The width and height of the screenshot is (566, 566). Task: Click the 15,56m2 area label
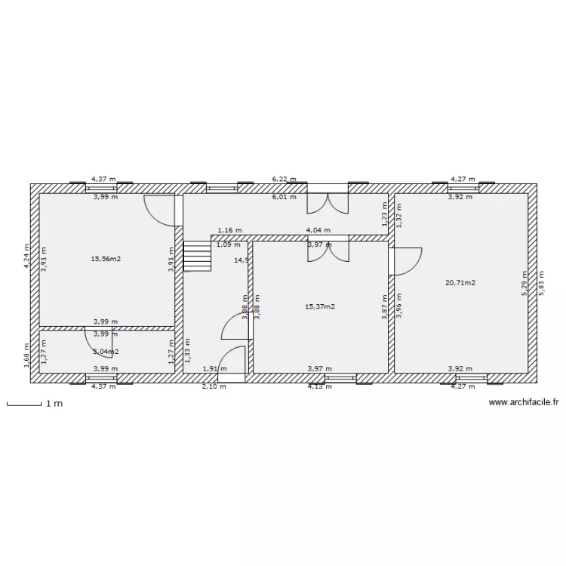pyautogui.click(x=106, y=259)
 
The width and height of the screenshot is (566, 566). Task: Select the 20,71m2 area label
pyautogui.click(x=460, y=283)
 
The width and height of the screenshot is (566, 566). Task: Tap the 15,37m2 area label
pyautogui.click(x=320, y=307)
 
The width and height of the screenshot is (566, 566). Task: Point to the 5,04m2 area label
pyautogui.click(x=106, y=352)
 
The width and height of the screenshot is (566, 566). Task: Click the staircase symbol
pyautogui.click(x=198, y=257)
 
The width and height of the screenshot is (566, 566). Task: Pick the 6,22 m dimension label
pyautogui.click(x=285, y=180)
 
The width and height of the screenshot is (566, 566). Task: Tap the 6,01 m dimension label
pyautogui.click(x=285, y=197)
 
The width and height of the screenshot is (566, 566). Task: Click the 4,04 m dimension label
pyautogui.click(x=318, y=230)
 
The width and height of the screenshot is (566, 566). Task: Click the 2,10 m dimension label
pyautogui.click(x=214, y=386)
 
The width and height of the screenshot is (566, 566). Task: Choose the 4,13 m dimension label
pyautogui.click(x=319, y=386)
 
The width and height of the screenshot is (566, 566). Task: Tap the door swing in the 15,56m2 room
pyautogui.click(x=160, y=210)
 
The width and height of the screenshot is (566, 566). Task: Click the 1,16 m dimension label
pyautogui.click(x=229, y=230)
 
